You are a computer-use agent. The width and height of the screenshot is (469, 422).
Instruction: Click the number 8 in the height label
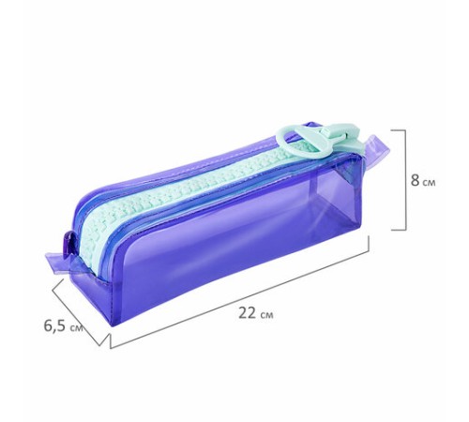click(415, 180)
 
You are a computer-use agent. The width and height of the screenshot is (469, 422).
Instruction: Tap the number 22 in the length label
click(247, 312)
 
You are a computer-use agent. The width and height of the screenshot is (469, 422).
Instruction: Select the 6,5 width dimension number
click(55, 325)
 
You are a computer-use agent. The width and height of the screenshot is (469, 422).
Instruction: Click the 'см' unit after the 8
click(429, 183)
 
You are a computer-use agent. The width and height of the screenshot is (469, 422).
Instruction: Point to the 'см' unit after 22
click(266, 315)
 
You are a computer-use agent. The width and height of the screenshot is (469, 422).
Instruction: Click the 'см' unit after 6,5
click(76, 328)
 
